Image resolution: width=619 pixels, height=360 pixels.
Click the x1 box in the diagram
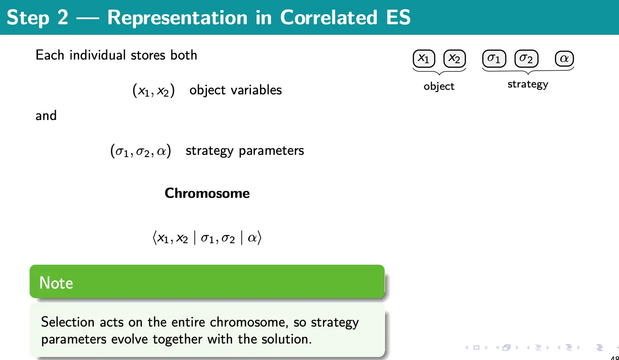(424, 58)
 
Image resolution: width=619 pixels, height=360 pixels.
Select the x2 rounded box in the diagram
(455, 58)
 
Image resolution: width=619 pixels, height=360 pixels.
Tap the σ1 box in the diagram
(494, 58)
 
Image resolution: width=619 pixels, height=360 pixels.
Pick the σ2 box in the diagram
(527, 58)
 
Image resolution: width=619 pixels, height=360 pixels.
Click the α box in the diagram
(564, 58)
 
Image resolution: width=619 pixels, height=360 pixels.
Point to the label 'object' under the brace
(439, 87)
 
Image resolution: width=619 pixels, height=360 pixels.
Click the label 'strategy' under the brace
(528, 84)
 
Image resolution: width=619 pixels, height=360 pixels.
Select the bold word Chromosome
(207, 193)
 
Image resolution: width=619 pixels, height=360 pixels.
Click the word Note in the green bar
(56, 283)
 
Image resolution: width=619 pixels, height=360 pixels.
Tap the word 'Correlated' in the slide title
(329, 17)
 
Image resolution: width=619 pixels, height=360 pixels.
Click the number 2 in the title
(63, 17)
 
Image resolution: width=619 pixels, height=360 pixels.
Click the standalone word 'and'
(46, 115)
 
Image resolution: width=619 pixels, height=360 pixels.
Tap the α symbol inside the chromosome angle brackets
(252, 238)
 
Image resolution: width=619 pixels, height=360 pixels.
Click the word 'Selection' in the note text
(68, 322)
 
